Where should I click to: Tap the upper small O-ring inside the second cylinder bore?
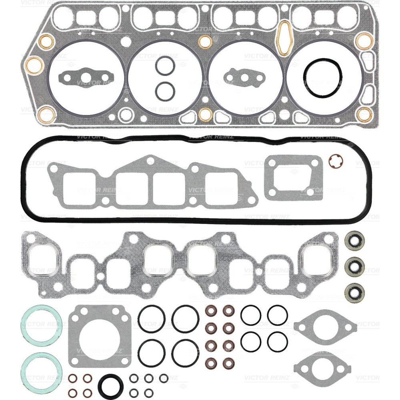click(x=165, y=66)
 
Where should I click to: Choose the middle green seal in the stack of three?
click(x=354, y=265)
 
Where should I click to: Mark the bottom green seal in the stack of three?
click(x=354, y=291)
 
